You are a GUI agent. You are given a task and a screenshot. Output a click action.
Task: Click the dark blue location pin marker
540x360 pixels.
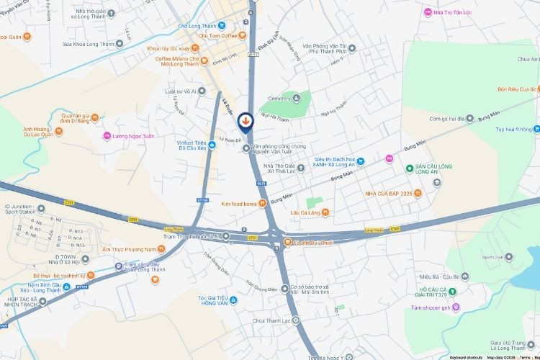coord(246,122)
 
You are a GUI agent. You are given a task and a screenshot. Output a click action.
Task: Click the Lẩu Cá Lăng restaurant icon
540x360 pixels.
coord(326,212)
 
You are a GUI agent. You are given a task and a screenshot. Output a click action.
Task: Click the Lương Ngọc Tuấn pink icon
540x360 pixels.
coord(107,135)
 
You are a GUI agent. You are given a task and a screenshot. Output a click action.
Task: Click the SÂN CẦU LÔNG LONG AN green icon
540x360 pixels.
coord(409,169)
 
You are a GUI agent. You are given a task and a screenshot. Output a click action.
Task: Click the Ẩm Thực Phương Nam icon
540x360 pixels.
coord(161,249)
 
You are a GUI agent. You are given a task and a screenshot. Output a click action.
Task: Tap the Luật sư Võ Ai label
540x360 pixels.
coord(181,91)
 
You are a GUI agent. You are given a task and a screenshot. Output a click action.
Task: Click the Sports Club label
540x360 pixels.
coord(493,257)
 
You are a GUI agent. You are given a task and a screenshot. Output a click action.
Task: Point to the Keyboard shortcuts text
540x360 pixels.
coord(466,357)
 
